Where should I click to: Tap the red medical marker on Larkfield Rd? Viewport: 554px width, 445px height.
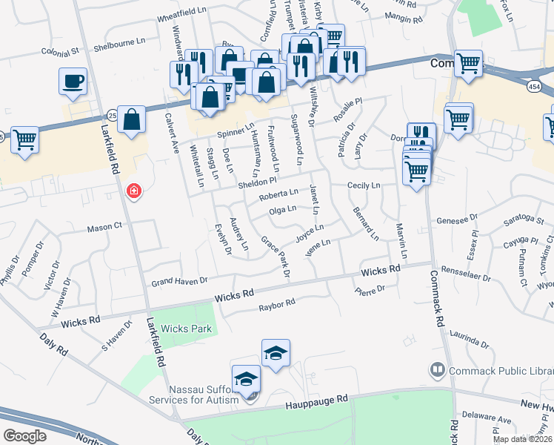(x=134, y=192)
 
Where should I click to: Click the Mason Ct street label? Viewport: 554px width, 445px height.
(x=104, y=227)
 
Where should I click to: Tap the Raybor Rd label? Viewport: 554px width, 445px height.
(x=277, y=304)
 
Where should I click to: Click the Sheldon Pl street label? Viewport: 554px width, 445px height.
(x=256, y=181)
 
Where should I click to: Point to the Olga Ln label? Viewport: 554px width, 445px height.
(x=281, y=210)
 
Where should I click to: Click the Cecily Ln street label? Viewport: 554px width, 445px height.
(x=364, y=185)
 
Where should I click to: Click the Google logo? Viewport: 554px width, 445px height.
(x=25, y=435)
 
